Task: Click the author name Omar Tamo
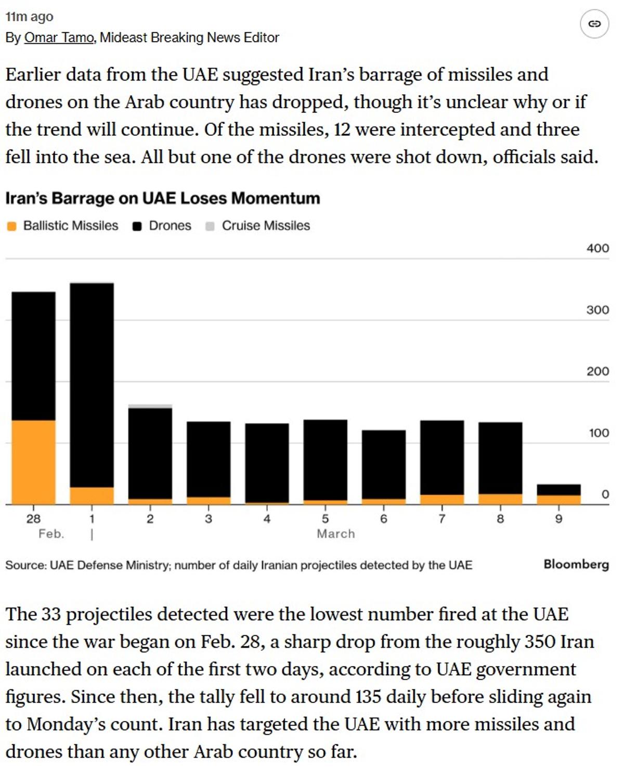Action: click(59, 37)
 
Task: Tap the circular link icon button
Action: click(594, 24)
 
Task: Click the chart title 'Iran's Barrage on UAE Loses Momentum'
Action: click(162, 198)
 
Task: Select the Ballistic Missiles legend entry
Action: click(63, 226)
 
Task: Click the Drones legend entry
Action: click(162, 226)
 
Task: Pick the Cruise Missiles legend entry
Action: click(258, 226)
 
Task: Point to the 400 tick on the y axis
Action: click(597, 248)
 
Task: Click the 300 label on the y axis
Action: click(597, 310)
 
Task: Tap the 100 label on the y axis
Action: click(598, 433)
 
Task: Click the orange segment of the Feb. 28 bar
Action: click(33, 462)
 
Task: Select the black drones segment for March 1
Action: click(92, 385)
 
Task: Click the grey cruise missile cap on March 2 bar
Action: click(150, 406)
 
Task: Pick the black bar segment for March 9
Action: click(558, 490)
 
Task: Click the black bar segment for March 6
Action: click(384, 464)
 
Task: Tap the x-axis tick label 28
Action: click(33, 519)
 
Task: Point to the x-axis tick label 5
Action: click(325, 519)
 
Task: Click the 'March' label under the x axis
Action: click(336, 534)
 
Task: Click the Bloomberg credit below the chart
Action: click(576, 565)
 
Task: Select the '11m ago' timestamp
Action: click(29, 17)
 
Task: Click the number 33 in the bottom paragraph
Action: click(51, 615)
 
